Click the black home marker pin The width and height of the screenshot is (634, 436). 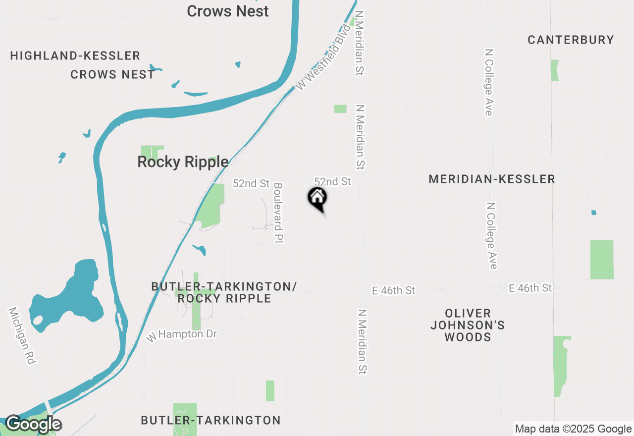pyautogui.click(x=317, y=198)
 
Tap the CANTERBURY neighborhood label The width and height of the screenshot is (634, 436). pyautogui.click(x=571, y=40)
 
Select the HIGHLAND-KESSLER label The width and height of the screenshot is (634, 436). pyautogui.click(x=75, y=55)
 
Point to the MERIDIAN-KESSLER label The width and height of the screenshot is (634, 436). pyautogui.click(x=492, y=179)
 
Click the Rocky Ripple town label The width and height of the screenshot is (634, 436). pyautogui.click(x=183, y=162)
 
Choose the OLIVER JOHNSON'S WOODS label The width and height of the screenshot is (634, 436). pyautogui.click(x=468, y=325)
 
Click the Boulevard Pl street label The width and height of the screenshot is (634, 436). pyautogui.click(x=278, y=213)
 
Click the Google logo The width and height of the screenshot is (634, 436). pyautogui.click(x=33, y=425)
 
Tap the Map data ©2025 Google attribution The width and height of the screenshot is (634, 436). pyautogui.click(x=573, y=429)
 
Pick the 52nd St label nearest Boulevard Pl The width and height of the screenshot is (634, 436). pyautogui.click(x=251, y=183)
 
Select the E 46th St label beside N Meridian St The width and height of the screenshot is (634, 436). pyautogui.click(x=393, y=290)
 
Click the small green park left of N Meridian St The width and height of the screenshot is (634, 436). pyautogui.click(x=340, y=109)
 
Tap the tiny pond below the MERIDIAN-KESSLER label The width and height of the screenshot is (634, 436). pyautogui.click(x=594, y=213)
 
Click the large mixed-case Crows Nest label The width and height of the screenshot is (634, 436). pyautogui.click(x=228, y=11)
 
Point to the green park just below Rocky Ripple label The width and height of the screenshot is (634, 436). pyautogui.click(x=211, y=206)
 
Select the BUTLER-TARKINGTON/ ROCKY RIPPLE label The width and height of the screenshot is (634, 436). pyautogui.click(x=224, y=292)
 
